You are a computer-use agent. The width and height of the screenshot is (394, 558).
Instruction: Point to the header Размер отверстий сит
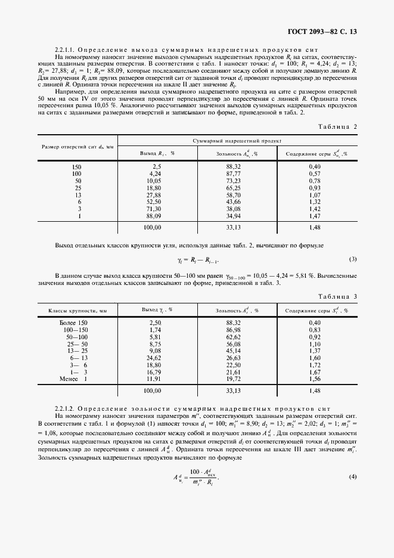tap(77, 147)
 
